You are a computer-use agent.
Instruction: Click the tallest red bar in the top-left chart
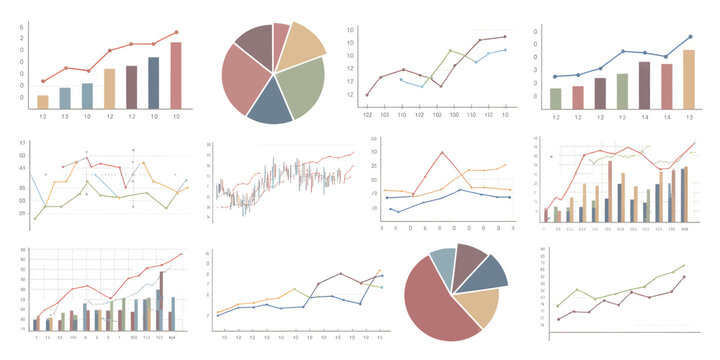[176, 75]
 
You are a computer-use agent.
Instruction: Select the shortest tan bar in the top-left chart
[43, 101]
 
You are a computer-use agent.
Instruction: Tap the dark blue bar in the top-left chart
[153, 82]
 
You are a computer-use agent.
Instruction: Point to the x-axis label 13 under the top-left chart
[65, 117]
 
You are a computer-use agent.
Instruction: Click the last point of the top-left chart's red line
[176, 32]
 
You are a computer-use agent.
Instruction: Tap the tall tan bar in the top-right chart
[688, 79]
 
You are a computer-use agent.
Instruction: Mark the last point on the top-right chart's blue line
[689, 37]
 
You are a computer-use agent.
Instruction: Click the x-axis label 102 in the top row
[367, 117]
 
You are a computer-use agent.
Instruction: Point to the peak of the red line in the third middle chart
[441, 152]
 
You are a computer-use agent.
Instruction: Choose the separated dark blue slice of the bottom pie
[485, 272]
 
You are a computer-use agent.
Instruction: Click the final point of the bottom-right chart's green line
[684, 266]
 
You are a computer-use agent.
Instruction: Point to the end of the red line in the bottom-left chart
[182, 253]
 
